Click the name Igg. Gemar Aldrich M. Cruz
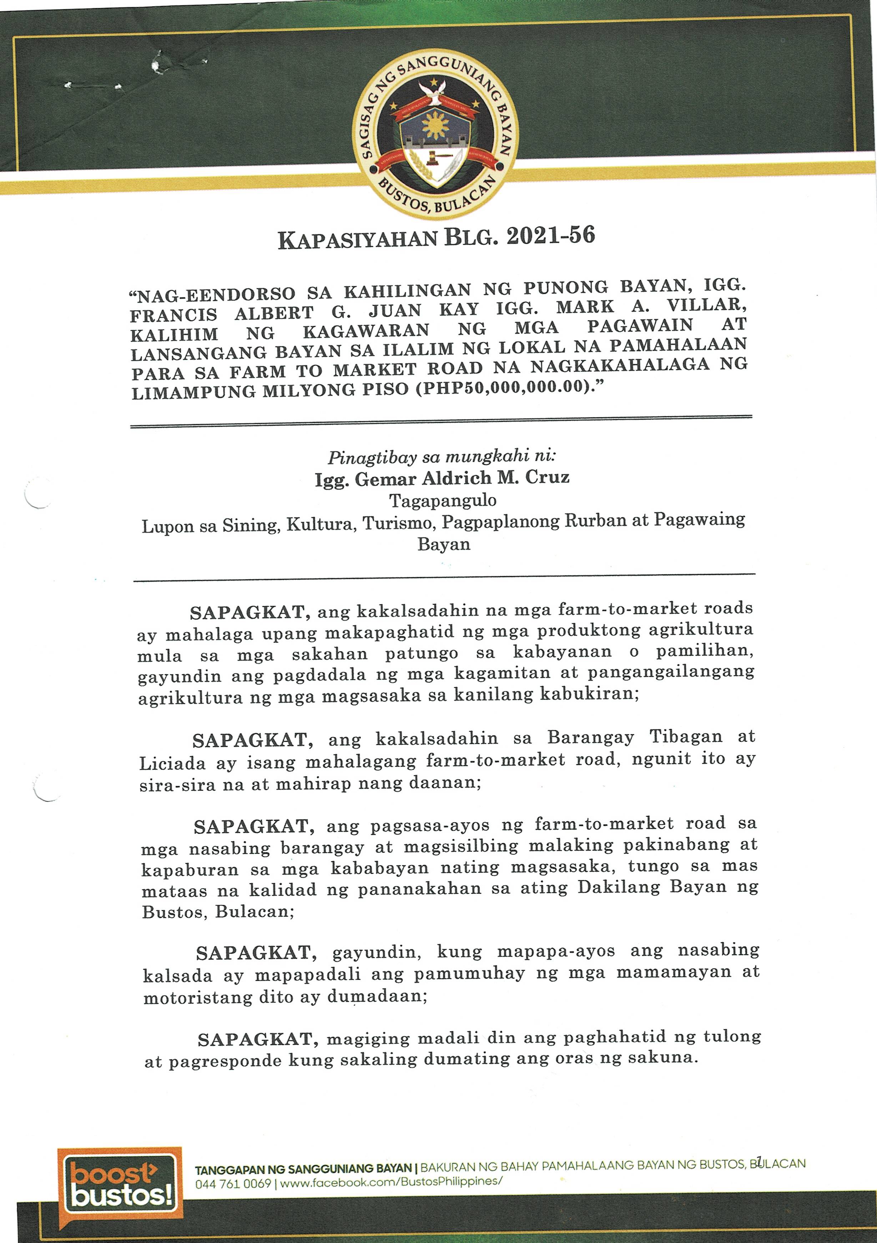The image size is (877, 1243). click(x=442, y=478)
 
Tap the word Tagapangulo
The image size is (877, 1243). click(x=443, y=500)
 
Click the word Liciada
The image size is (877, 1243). click(x=173, y=763)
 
